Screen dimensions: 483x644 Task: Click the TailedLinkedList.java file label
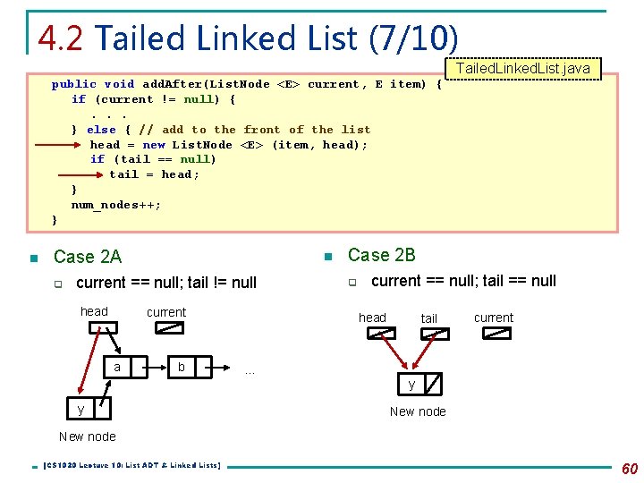click(x=523, y=69)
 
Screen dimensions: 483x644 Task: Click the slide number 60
click(x=630, y=469)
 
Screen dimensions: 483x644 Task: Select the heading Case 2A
click(x=87, y=257)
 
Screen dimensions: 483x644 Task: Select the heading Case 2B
click(x=381, y=255)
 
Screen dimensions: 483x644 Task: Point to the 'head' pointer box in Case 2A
click(x=96, y=328)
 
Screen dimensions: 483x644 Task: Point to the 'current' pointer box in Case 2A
click(x=168, y=328)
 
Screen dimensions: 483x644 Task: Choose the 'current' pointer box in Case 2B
click(x=496, y=334)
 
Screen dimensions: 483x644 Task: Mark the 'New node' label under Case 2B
click(x=418, y=411)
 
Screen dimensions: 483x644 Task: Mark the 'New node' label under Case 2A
click(x=87, y=436)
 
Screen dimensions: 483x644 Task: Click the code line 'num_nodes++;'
click(x=116, y=205)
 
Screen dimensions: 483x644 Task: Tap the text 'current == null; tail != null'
click(x=166, y=283)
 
